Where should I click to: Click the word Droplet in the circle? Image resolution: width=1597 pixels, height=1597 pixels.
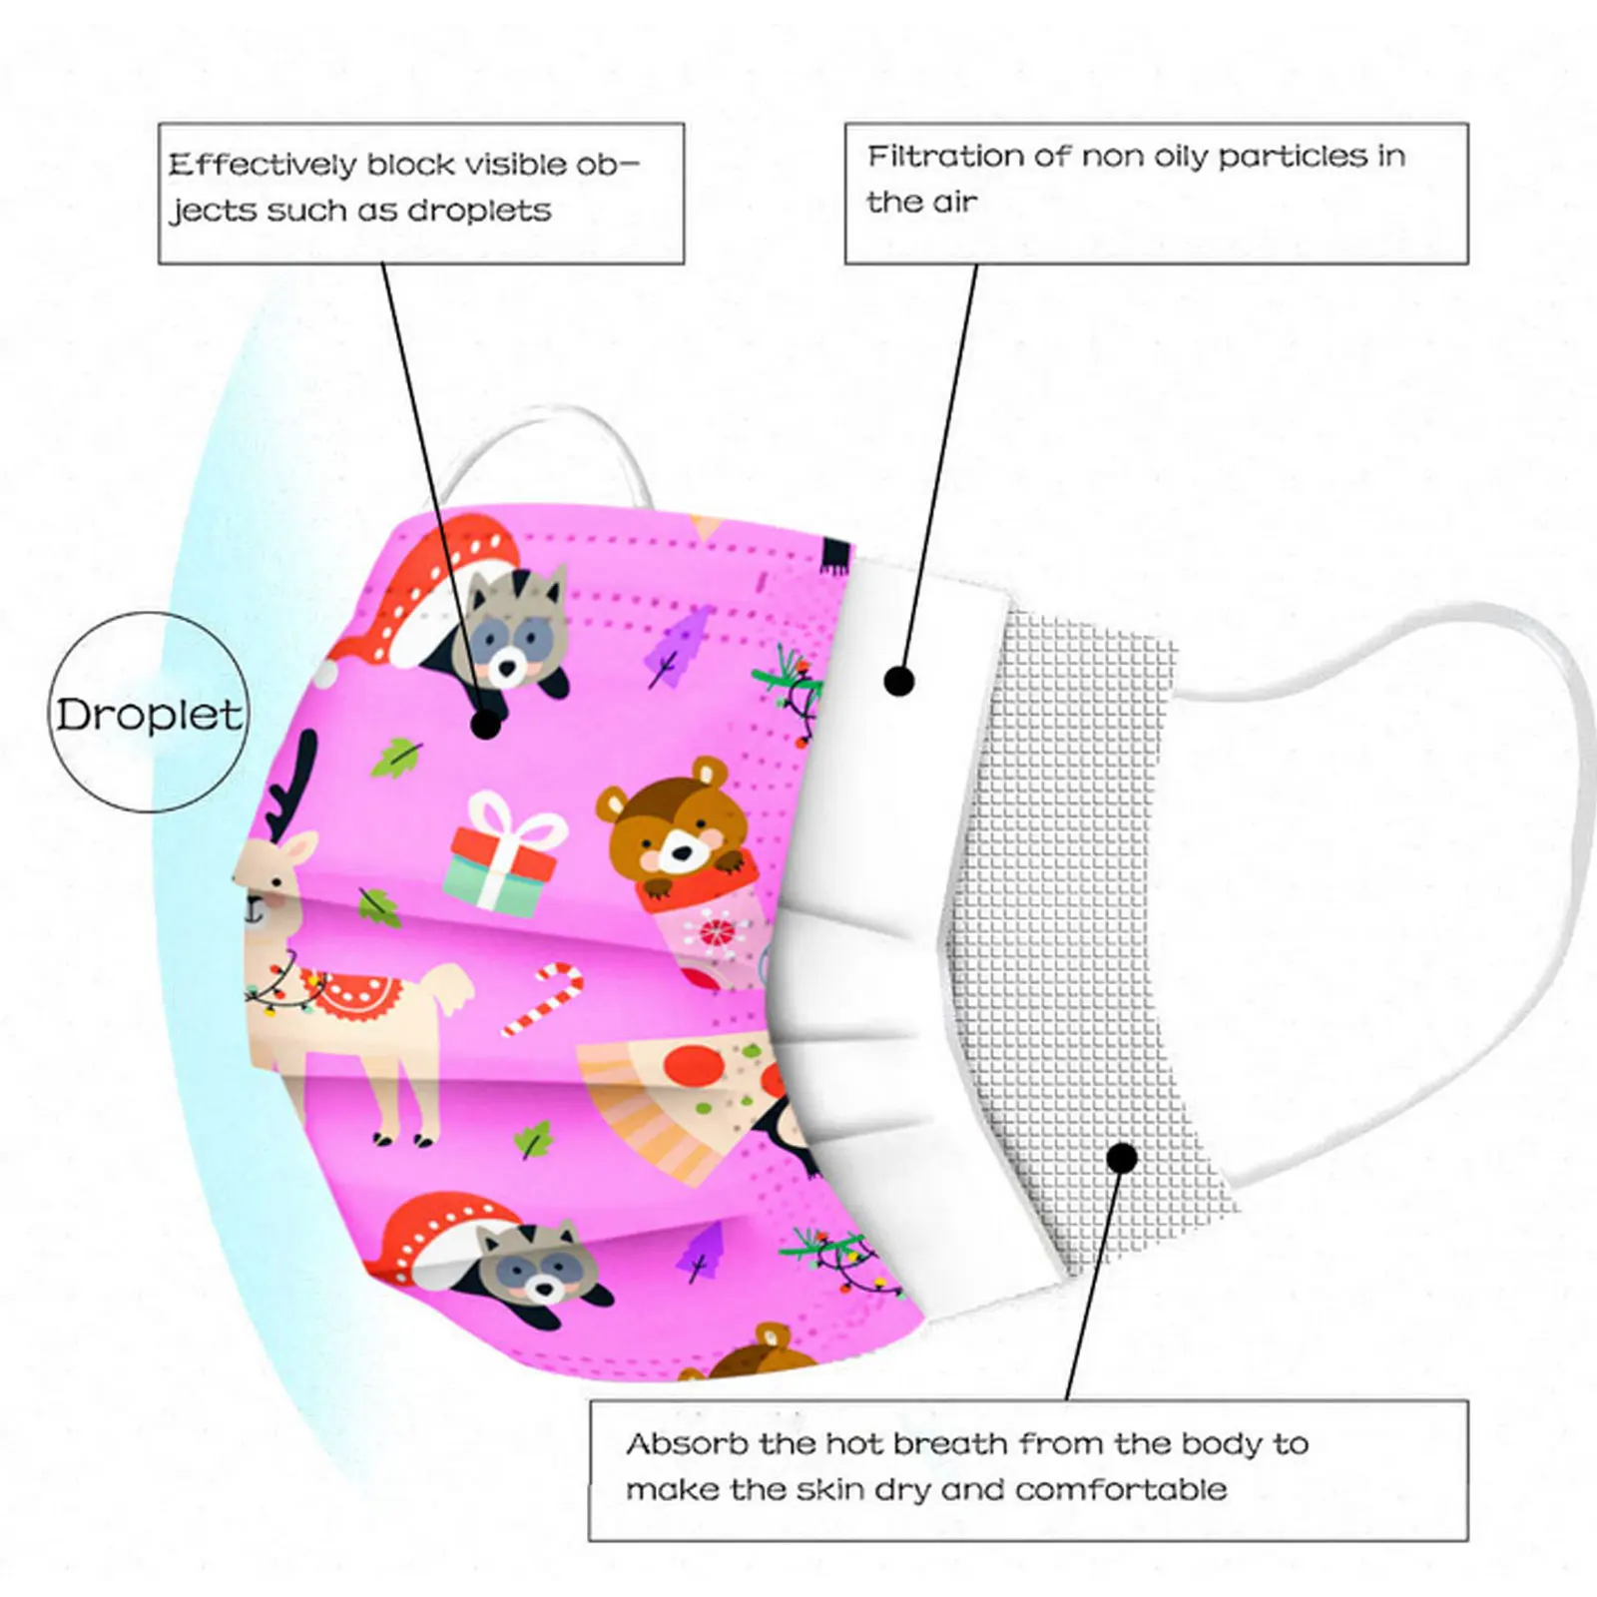tap(148, 715)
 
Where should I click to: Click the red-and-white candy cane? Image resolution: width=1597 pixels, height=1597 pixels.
tap(543, 998)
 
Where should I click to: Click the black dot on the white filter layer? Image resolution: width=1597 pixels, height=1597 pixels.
tap(899, 682)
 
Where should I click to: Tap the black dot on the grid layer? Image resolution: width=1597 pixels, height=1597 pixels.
tap(1123, 1158)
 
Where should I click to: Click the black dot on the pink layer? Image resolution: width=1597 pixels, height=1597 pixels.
tap(486, 724)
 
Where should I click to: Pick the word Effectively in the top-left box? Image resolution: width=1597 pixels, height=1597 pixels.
tap(262, 165)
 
